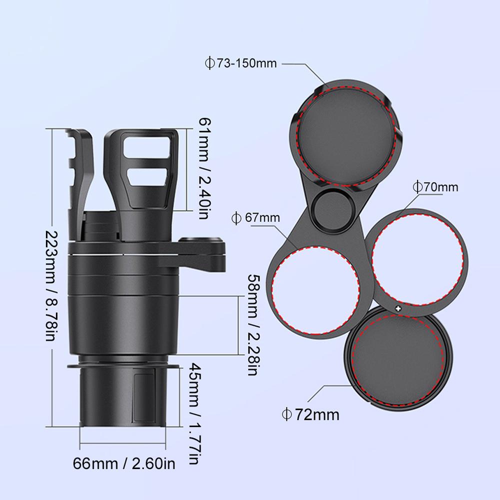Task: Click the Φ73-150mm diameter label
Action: [x=240, y=63]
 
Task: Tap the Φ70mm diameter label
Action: [x=435, y=187]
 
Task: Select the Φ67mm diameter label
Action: [x=255, y=217]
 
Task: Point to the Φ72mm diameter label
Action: [x=310, y=414]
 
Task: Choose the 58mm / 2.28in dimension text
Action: [x=253, y=324]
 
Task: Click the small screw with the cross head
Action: [x=398, y=307]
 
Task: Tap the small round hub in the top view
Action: [x=328, y=205]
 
